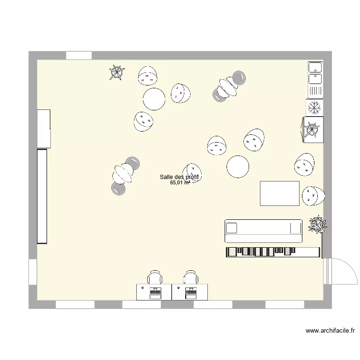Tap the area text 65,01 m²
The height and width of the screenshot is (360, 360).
click(x=180, y=183)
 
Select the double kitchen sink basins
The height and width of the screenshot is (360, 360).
click(x=315, y=72)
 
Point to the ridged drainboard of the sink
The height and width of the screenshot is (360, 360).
click(x=315, y=90)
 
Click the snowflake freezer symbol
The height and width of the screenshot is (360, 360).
click(x=314, y=107)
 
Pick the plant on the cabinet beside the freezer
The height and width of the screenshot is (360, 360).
click(x=312, y=129)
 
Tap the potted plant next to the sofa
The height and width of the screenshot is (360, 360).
click(x=317, y=224)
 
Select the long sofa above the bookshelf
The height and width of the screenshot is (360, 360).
click(x=264, y=231)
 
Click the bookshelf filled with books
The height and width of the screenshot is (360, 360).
click(x=273, y=252)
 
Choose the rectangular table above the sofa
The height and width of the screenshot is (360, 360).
click(x=279, y=193)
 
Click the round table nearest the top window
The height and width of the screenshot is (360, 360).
click(x=154, y=99)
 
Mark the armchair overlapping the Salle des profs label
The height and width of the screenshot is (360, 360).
click(x=192, y=173)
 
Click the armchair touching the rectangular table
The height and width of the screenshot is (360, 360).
click(x=313, y=194)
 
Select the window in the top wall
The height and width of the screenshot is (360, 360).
click(x=79, y=56)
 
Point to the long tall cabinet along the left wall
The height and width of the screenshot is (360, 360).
click(x=42, y=196)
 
